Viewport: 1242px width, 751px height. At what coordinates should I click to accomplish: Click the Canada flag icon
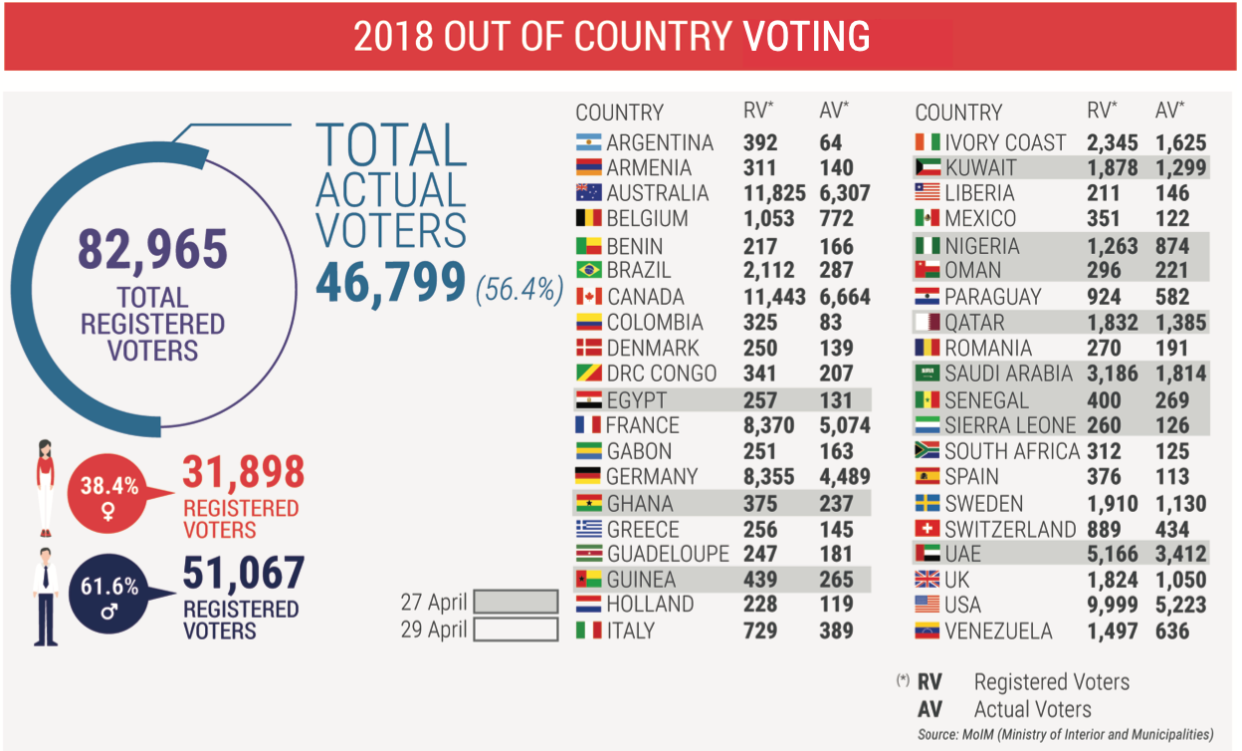[589, 297]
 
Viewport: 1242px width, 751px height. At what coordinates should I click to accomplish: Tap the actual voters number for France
[845, 426]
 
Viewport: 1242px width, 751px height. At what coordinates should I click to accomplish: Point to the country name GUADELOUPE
[668, 554]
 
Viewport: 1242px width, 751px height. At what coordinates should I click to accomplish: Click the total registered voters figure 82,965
[152, 250]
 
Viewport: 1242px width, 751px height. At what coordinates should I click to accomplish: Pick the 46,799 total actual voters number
[390, 283]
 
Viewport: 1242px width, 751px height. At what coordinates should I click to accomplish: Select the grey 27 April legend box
[516, 603]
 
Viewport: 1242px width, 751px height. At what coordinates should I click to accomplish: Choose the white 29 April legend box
[516, 629]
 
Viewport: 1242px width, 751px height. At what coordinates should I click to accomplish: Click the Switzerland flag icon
[928, 529]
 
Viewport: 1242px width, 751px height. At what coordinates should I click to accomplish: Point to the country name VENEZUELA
[998, 630]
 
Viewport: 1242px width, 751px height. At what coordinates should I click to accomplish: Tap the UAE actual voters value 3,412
[1181, 554]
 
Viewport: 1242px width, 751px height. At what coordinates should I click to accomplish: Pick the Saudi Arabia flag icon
[928, 374]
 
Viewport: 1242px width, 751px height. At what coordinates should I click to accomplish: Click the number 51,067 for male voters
[244, 574]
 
